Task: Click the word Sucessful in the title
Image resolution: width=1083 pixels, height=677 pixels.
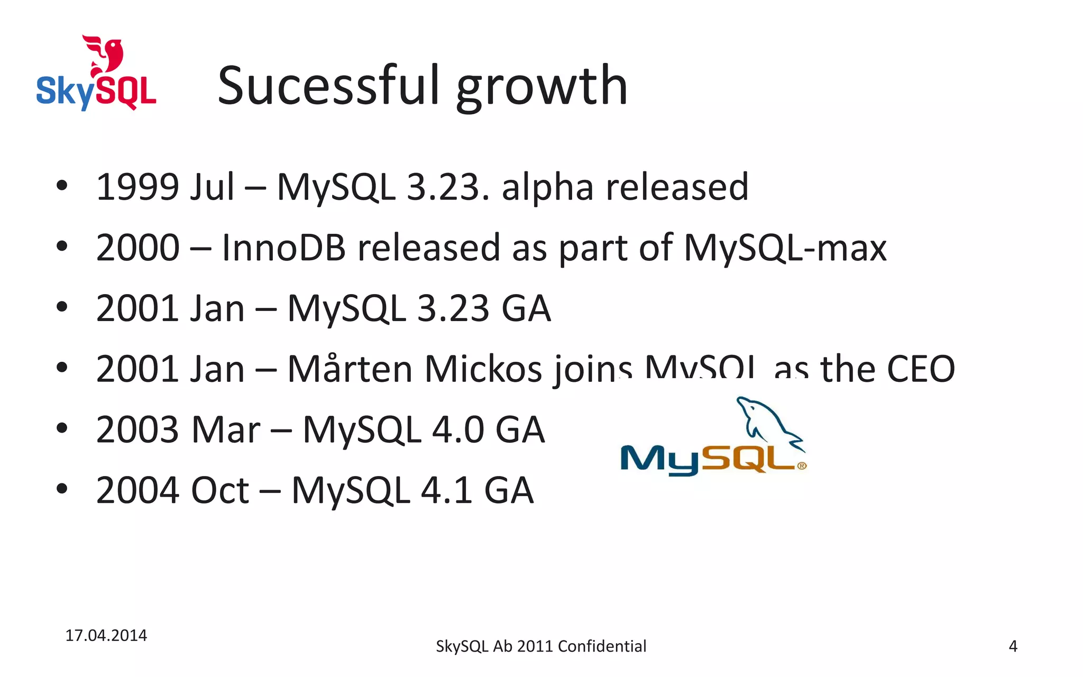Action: [328, 86]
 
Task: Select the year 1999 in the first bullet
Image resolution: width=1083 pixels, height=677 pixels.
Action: [137, 187]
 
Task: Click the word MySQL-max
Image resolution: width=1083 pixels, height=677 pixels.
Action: [785, 248]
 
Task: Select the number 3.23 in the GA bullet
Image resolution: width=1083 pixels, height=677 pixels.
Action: [453, 308]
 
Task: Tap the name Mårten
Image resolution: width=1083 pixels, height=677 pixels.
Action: [350, 369]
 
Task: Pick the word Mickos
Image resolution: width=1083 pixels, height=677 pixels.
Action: [483, 369]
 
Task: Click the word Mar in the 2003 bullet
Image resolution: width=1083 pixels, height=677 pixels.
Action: [226, 429]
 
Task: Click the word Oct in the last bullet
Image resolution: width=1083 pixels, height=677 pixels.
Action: [219, 490]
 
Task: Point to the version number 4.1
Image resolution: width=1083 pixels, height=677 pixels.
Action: [446, 490]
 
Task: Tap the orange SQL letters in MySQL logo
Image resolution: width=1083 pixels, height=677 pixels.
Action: [751, 459]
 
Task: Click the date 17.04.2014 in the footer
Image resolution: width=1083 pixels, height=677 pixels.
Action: [106, 635]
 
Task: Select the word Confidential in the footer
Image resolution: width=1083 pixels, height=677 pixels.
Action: [602, 646]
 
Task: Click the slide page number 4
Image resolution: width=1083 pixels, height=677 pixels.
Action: [1013, 646]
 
